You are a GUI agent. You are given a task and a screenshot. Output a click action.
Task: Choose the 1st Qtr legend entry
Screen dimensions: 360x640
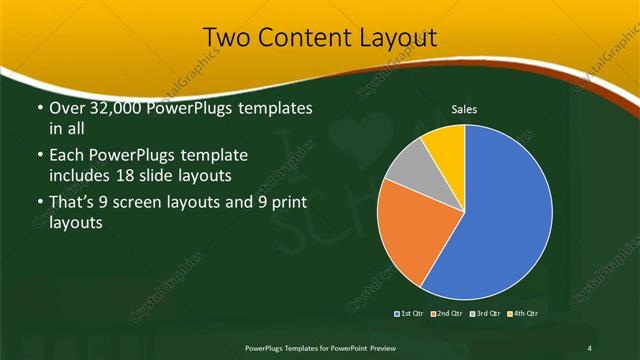410,314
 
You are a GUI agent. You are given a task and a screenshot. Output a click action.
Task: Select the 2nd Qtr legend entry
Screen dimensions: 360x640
446,314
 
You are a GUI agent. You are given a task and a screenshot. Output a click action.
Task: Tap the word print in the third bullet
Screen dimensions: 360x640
285,204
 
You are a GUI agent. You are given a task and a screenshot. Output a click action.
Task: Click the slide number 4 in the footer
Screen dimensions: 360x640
589,347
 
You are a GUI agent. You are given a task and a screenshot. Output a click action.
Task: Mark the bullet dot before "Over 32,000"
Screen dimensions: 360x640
39,108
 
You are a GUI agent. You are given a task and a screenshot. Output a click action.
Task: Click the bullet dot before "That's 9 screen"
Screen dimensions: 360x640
39,204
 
